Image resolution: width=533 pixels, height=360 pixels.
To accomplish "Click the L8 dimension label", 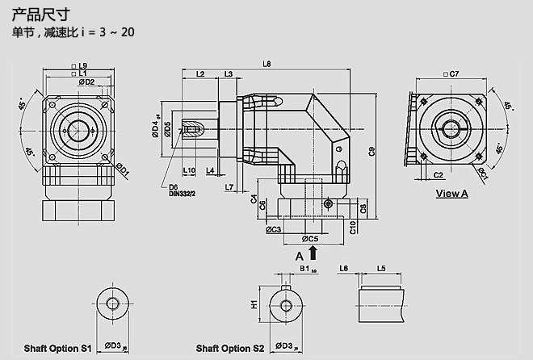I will pos(267,64).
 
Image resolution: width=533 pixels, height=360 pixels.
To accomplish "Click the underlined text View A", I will pos(451,193).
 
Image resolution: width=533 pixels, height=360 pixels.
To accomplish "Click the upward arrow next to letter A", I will pos(313,253).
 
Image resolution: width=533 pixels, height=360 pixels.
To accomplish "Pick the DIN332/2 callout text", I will pos(183,194).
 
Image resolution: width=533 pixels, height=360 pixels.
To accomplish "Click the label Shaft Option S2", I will pos(230,348).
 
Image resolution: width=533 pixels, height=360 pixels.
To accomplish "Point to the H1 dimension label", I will pos(254,304).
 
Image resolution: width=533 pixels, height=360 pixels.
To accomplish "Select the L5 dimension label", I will pos(381,268).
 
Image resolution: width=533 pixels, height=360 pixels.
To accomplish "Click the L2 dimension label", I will pos(200,74).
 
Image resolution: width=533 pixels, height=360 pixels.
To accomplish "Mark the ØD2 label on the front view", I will pos(86,82).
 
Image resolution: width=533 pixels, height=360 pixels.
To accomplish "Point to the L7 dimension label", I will pos(229,187).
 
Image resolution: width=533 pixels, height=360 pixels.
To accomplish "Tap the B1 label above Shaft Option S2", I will pos(305,268).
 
